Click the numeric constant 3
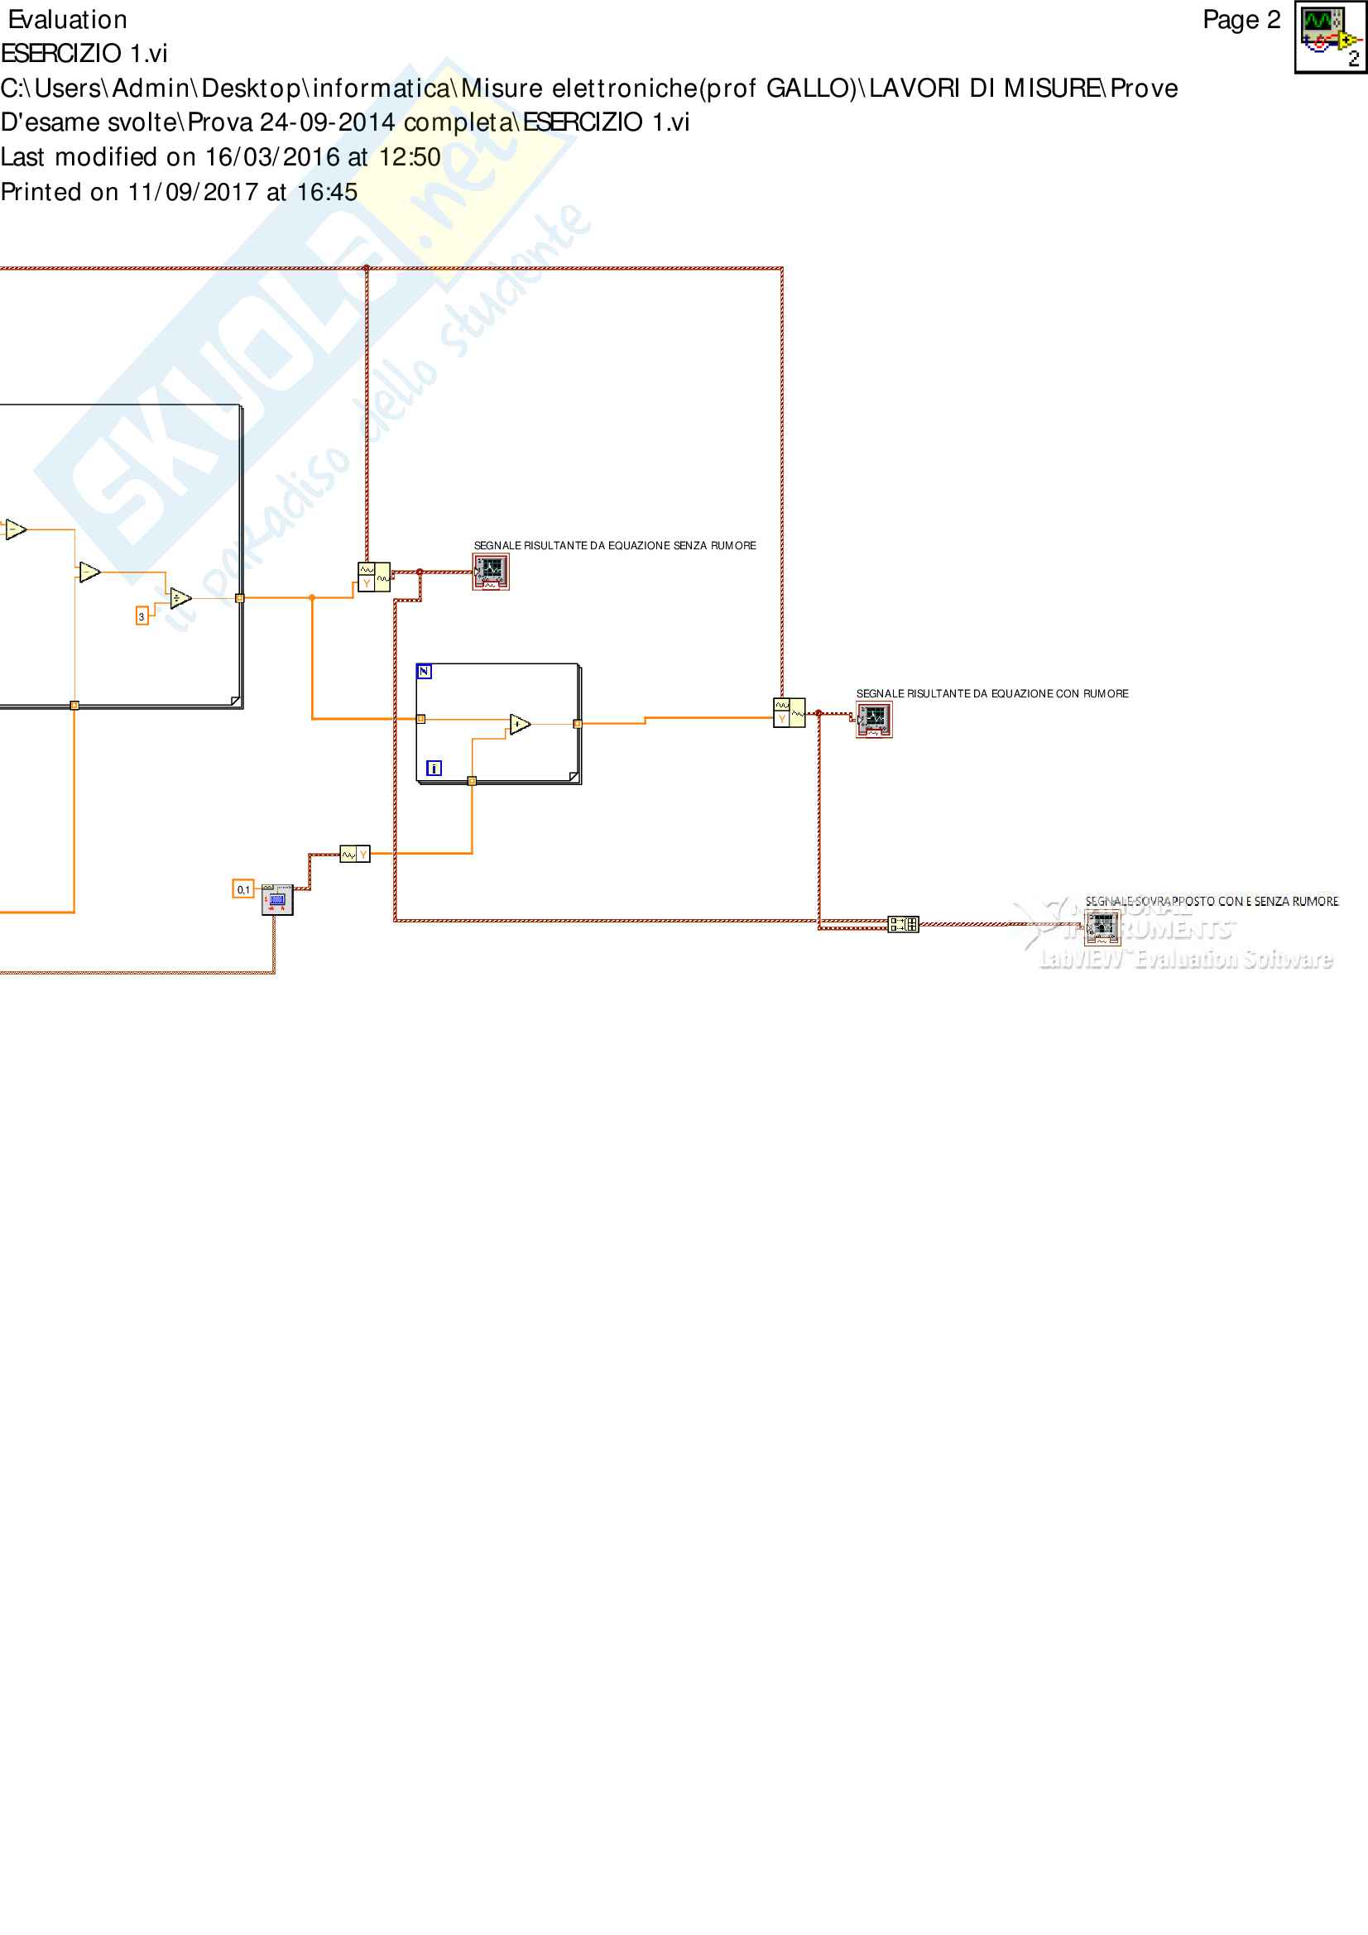pos(142,616)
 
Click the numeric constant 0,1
pos(242,889)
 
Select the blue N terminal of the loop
pos(424,672)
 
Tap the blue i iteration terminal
pos(434,768)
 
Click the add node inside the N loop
pos(520,724)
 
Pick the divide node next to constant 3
pos(180,598)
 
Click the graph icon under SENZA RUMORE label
pos(491,572)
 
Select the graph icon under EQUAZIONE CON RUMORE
pos(873,720)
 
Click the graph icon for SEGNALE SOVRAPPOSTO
pos(1102,928)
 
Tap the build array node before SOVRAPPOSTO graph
pos(904,925)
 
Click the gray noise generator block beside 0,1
pos(277,900)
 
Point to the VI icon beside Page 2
pos(1330,37)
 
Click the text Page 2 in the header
pos(1241,19)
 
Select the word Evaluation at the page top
pos(67,19)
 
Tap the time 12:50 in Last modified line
pos(410,156)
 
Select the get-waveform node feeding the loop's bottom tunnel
pos(355,855)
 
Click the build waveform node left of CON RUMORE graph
pos(789,712)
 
